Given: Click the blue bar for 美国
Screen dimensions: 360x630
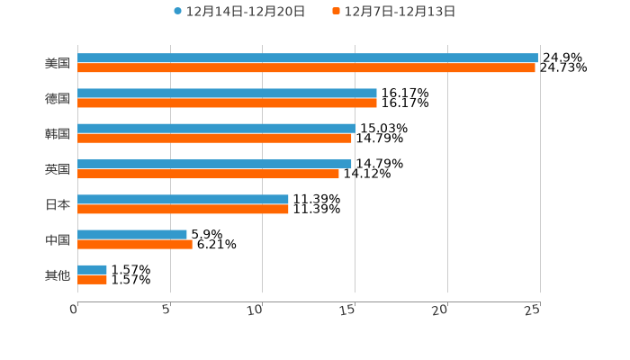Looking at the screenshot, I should [308, 58].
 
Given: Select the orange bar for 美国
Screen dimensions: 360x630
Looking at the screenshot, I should [306, 67].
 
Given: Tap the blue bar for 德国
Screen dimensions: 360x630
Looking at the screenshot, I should [227, 93].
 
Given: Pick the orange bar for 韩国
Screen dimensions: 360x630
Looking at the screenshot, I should [214, 139].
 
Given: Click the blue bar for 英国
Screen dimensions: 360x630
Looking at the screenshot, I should [214, 164].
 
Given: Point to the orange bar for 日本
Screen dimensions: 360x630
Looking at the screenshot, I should [183, 209].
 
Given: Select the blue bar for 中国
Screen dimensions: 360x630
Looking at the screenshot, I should [132, 234].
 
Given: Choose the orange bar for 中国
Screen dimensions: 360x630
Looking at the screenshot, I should [135, 244].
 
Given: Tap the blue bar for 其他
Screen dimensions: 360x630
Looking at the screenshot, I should [92, 269].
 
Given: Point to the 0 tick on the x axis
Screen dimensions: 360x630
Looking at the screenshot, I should [74, 310].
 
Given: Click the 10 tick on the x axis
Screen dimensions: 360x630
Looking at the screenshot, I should [256, 310].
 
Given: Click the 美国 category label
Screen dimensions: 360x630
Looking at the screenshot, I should [58, 63].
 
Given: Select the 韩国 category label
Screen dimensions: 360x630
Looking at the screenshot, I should [58, 133].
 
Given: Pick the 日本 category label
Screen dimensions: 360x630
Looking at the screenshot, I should [58, 204].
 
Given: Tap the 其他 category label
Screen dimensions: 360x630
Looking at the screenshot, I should [58, 274].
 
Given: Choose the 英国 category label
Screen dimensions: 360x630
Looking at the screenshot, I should [58, 169].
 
